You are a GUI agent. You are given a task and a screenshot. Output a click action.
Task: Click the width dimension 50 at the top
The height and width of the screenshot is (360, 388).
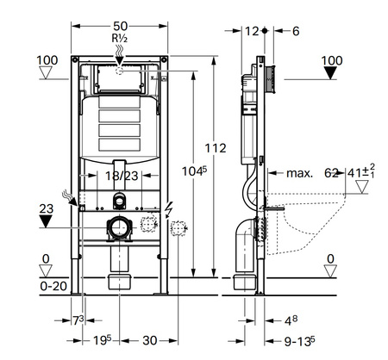pyautogui.click(x=120, y=26)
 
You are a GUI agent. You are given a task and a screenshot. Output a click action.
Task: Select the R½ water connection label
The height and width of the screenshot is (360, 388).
pyautogui.click(x=120, y=39)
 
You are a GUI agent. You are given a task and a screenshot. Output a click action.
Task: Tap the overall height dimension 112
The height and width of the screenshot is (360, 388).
pyautogui.click(x=216, y=148)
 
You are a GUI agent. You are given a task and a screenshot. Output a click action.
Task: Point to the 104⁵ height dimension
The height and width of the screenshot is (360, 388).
pyautogui.click(x=194, y=171)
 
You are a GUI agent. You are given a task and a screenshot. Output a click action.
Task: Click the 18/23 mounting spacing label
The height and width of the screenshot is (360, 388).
pyautogui.click(x=122, y=176)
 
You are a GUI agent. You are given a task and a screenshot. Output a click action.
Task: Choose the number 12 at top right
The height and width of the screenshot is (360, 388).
pyautogui.click(x=252, y=31)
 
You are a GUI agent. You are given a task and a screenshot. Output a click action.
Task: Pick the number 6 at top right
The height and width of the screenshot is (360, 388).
pyautogui.click(x=296, y=31)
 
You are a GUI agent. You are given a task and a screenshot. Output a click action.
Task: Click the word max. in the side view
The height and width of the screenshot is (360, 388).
pyautogui.click(x=299, y=173)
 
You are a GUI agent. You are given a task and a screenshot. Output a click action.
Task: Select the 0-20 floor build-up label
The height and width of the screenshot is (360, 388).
pyautogui.click(x=53, y=286)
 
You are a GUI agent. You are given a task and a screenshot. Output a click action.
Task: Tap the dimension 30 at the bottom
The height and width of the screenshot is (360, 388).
pyautogui.click(x=150, y=340)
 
